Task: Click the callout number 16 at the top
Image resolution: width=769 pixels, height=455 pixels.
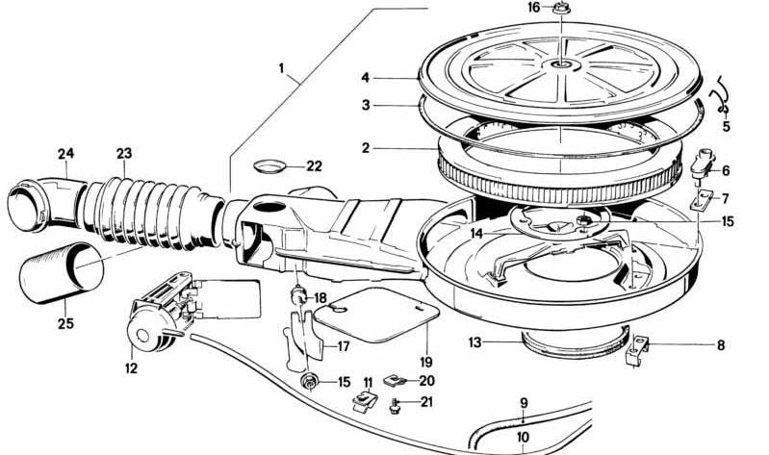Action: (x=534, y=8)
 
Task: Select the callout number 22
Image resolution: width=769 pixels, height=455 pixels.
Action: (x=314, y=165)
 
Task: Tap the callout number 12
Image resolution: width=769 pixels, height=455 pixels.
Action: (x=131, y=368)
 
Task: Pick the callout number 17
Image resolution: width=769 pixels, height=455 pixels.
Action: (x=342, y=346)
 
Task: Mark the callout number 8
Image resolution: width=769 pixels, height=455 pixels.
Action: (x=720, y=344)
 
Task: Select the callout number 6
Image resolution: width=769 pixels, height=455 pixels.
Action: (x=725, y=170)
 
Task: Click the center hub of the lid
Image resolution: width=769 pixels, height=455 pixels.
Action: (x=558, y=65)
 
